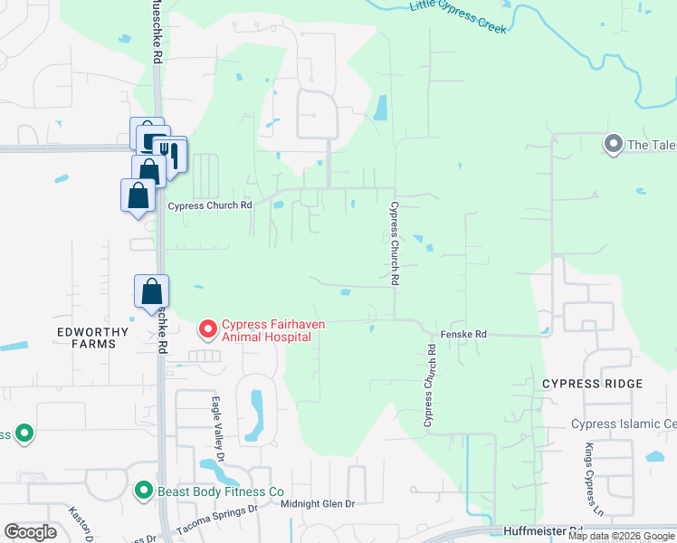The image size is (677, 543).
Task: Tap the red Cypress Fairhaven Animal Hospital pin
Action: click(x=208, y=328)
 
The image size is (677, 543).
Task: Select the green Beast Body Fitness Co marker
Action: click(x=143, y=491)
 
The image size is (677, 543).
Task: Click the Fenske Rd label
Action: click(x=463, y=335)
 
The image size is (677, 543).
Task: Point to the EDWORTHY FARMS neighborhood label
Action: click(x=87, y=338)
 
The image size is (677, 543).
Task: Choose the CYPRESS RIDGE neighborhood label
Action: click(x=593, y=384)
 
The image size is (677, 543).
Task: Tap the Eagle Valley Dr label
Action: click(x=217, y=423)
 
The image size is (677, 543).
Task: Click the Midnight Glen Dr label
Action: click(x=317, y=503)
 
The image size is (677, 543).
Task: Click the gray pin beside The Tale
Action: click(x=613, y=144)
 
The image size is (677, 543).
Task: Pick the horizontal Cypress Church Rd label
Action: click(x=210, y=205)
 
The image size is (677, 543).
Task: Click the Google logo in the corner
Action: click(x=30, y=532)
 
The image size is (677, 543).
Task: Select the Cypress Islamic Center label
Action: click(x=624, y=424)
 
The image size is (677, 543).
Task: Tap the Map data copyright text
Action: click(x=622, y=536)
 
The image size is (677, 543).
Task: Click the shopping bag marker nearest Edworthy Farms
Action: click(x=151, y=291)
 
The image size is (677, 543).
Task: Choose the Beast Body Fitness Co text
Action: click(x=222, y=491)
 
